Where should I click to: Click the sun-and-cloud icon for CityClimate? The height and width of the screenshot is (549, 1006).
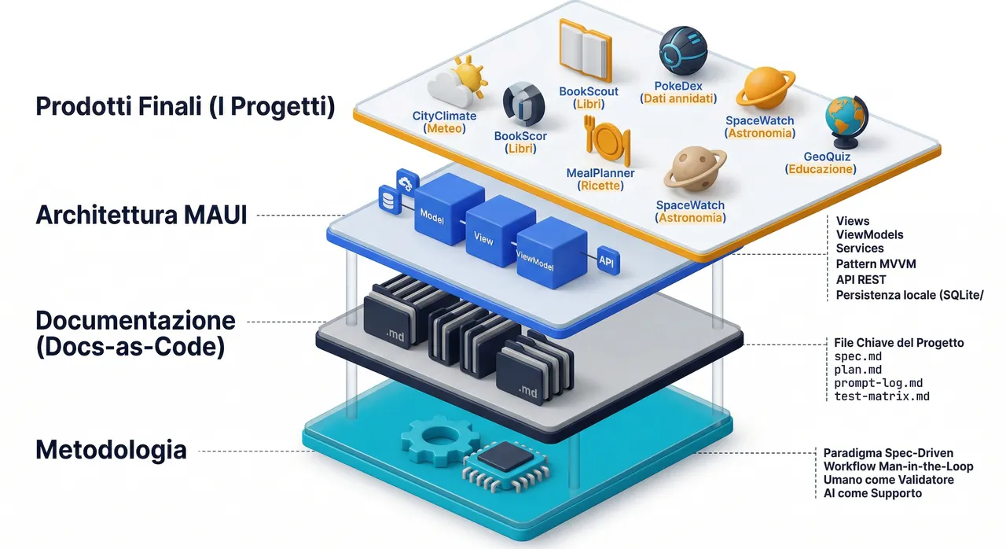(457, 82)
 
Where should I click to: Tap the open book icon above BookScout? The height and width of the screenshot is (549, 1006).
(586, 50)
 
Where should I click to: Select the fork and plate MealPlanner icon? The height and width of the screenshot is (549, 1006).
(608, 141)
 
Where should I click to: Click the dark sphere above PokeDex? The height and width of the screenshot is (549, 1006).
(683, 51)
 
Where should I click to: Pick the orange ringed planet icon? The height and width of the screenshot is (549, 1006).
(766, 88)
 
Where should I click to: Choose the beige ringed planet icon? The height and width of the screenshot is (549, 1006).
(695, 168)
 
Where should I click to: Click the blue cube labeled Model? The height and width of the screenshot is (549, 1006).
(448, 208)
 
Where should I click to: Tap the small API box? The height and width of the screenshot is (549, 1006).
(608, 260)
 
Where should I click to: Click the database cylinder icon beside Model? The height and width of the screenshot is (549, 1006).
(389, 199)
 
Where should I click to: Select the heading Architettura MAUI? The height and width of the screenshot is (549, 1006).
(141, 215)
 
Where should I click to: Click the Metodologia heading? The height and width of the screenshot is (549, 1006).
(111, 450)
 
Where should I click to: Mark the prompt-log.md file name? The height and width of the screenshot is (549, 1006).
(879, 383)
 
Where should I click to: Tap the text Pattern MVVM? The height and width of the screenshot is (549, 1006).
(876, 263)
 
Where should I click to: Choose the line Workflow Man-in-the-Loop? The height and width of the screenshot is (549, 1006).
(898, 466)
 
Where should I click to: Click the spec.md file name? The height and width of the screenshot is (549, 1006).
(857, 357)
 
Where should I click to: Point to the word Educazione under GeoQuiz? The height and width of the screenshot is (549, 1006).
(821, 169)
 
